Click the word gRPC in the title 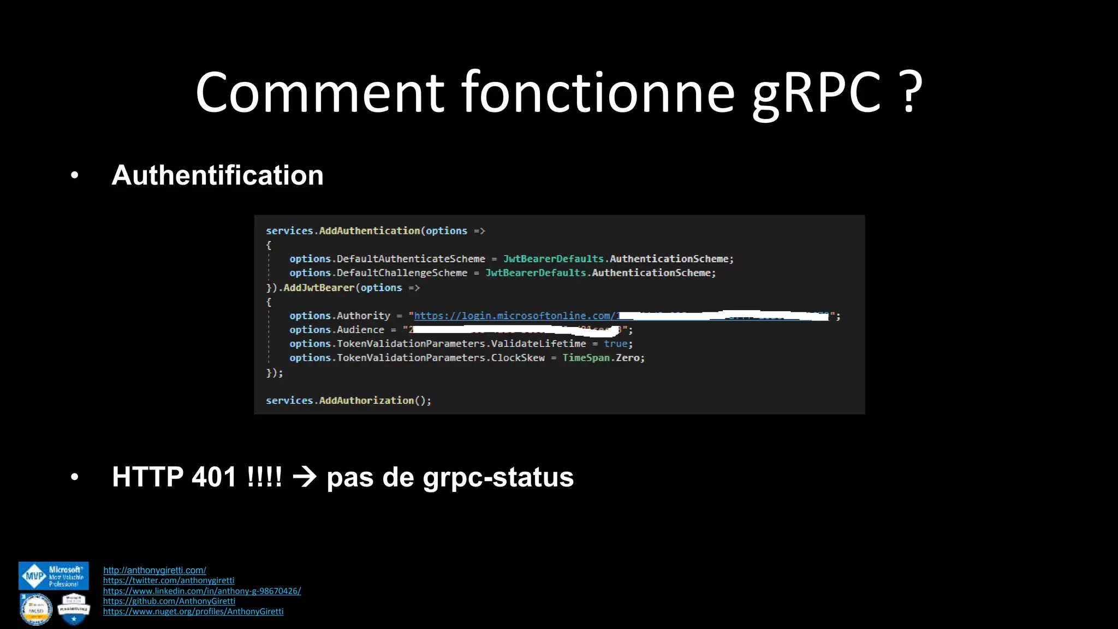pos(817,93)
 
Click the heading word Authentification pos(217,175)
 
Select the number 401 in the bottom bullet pos(214,477)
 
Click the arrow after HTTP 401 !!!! pos(305,477)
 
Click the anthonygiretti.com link pos(154,570)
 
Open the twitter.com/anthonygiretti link pos(169,580)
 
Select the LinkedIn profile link pos(202,591)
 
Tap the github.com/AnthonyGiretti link pos(169,601)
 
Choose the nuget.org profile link pos(193,612)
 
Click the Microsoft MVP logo pos(53,576)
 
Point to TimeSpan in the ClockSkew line pos(585,358)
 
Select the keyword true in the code pos(615,344)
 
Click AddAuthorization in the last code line pos(366,400)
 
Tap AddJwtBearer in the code pos(319,288)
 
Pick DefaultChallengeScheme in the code pos(402,273)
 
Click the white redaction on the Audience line pos(513,330)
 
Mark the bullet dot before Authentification pos(75,176)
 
